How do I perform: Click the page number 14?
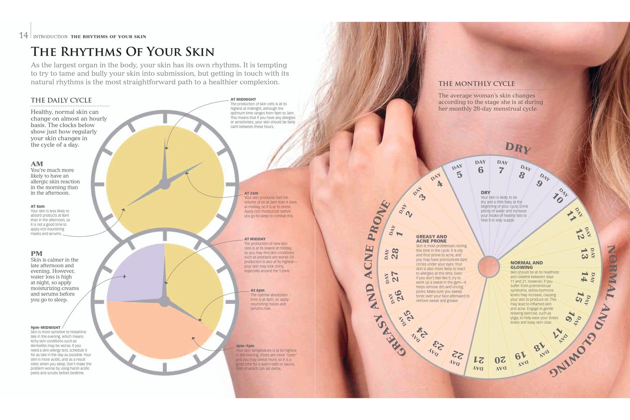click(23, 35)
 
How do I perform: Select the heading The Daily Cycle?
click(61, 100)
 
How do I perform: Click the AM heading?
click(37, 164)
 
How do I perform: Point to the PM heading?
click(36, 253)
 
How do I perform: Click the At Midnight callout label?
click(243, 99)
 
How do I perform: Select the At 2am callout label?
click(251, 193)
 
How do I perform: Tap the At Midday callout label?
click(255, 239)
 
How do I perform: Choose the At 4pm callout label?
click(257, 290)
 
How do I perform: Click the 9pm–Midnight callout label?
click(45, 327)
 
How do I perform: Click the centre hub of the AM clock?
click(164, 184)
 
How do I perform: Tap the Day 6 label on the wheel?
click(480, 167)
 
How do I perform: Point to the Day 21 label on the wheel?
click(479, 363)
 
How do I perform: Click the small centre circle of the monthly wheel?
click(489, 266)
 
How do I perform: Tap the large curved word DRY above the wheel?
click(518, 148)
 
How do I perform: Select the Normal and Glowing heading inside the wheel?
click(526, 265)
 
